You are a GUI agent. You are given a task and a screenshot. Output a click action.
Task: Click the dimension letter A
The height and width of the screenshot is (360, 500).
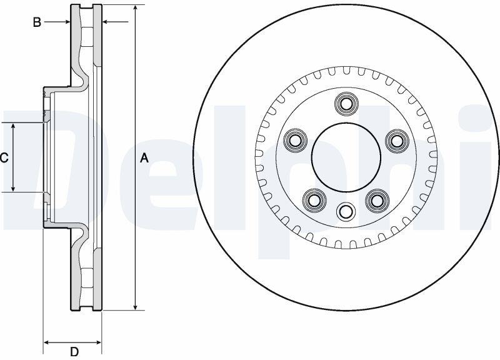[x=144, y=158]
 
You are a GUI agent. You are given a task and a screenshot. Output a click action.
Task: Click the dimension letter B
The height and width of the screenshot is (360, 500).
[x=37, y=22]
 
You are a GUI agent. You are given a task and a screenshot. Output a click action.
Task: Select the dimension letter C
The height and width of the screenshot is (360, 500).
[x=4, y=158]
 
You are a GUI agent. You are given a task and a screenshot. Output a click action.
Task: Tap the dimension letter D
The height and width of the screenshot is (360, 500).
[x=74, y=352]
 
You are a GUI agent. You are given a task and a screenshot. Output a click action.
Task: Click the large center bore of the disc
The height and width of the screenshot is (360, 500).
[x=346, y=157]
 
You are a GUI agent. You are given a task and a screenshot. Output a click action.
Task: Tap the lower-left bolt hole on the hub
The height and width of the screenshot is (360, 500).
[x=315, y=200]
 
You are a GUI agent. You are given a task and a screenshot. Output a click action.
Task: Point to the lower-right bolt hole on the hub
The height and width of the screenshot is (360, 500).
[x=377, y=200]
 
